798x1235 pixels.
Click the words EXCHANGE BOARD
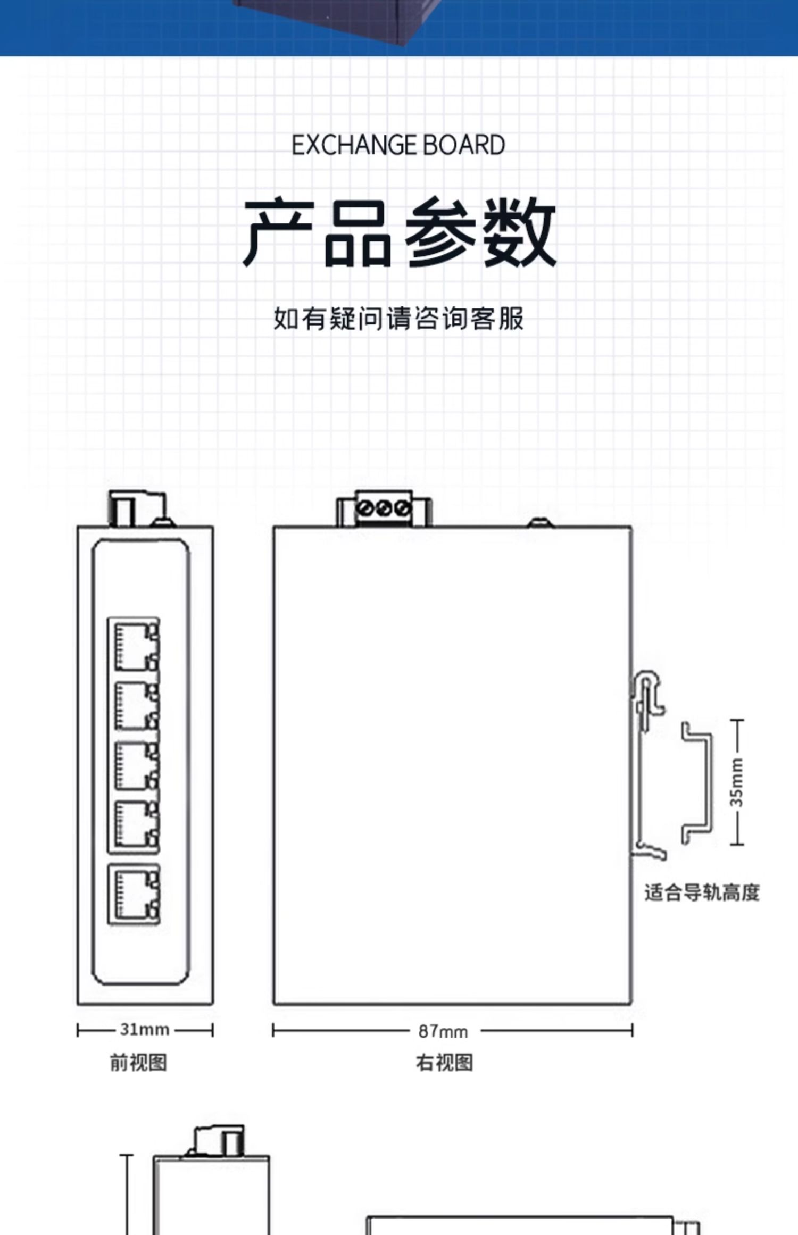[398, 145]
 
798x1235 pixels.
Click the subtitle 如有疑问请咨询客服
[398, 318]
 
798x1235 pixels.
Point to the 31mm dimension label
[145, 1030]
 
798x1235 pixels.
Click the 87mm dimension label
[443, 1031]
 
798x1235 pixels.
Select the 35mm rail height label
[737, 782]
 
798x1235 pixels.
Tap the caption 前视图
[138, 1063]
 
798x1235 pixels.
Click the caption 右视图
[444, 1063]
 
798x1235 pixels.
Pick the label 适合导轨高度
[702, 892]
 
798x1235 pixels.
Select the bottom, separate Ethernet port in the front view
[134, 894]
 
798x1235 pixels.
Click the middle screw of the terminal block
[384, 508]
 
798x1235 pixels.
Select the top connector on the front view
[137, 509]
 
